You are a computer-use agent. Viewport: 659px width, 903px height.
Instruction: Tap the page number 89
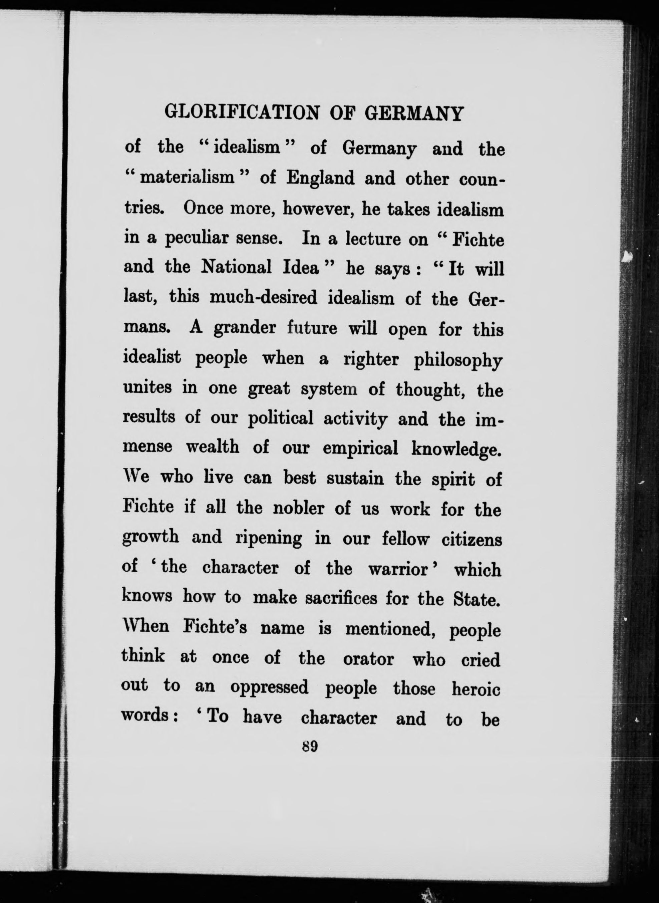(310, 746)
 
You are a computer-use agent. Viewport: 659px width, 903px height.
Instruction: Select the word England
(320, 178)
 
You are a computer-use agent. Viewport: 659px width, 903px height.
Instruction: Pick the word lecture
(373, 239)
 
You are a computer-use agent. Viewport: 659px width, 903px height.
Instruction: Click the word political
(280, 418)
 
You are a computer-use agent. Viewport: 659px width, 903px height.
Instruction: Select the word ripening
(269, 539)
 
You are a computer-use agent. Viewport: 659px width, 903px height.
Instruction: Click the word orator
(368, 659)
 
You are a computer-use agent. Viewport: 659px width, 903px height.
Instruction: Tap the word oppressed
(269, 688)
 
